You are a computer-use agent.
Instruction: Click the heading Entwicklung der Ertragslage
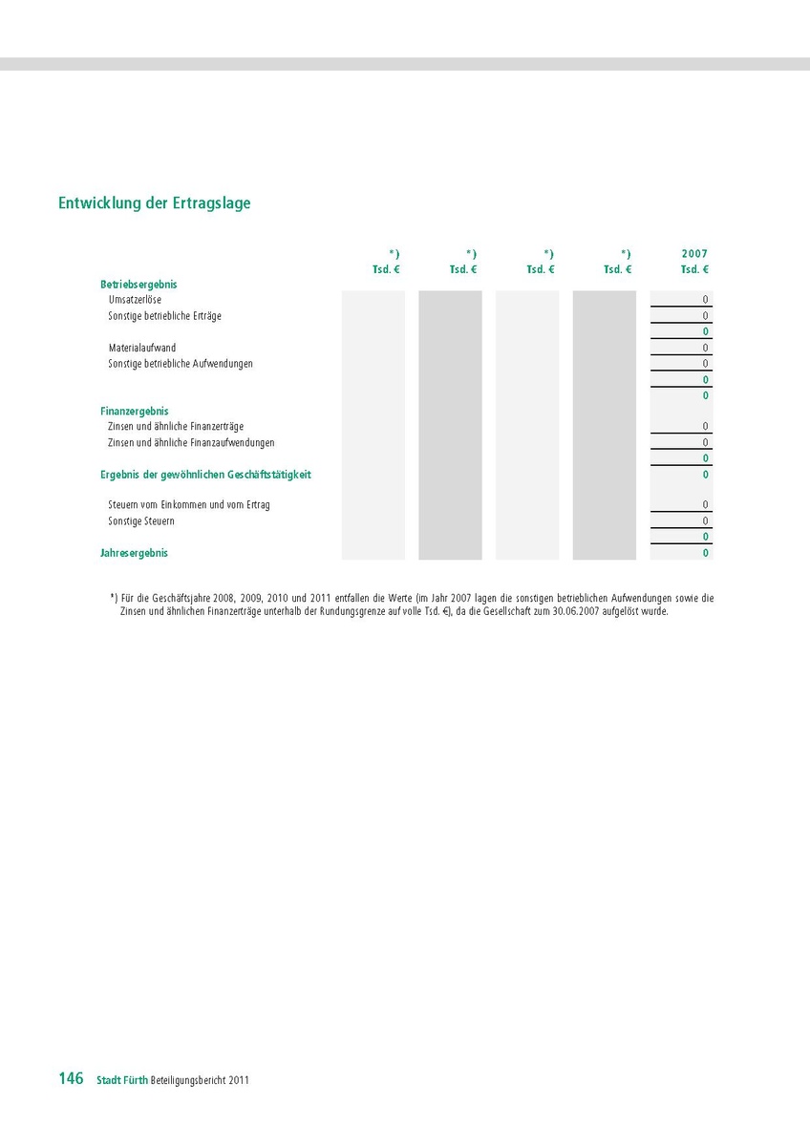[155, 203]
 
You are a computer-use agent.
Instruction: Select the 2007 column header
[694, 254]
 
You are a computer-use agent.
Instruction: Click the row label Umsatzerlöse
[135, 300]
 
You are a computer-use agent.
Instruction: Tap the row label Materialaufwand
[141, 348]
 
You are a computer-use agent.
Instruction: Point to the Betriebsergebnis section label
[139, 285]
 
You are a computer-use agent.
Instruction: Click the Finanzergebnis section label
[135, 411]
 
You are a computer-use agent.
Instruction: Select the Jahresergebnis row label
[134, 553]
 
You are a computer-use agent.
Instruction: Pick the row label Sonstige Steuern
[141, 521]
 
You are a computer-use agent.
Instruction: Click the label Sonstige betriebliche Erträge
[164, 316]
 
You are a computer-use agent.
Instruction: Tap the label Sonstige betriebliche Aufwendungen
[181, 364]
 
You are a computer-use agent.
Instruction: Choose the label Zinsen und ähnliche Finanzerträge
[176, 427]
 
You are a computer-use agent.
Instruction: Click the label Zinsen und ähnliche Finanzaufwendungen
[191, 443]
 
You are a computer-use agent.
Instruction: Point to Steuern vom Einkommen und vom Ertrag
[189, 505]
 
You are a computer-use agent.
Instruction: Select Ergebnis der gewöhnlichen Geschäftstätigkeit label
[205, 475]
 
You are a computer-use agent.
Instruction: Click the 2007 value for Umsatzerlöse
[706, 300]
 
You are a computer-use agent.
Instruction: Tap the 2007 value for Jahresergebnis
[706, 553]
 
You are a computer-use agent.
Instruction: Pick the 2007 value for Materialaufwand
[706, 348]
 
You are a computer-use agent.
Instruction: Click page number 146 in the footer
[71, 1079]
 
